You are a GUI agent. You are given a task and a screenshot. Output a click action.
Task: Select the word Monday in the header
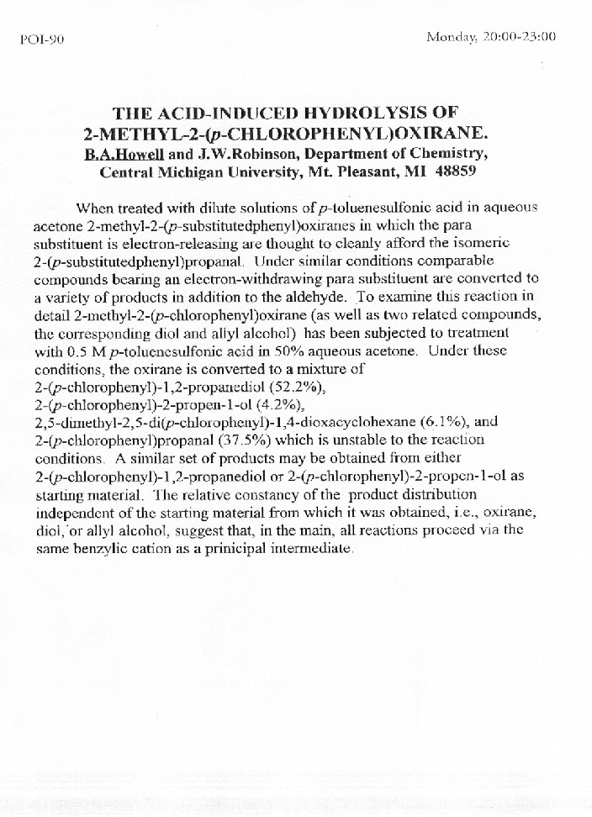point(452,36)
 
